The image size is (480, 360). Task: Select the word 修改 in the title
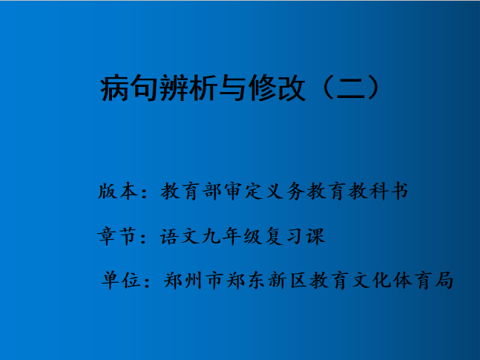[277, 88]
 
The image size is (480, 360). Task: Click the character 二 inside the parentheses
[351, 88]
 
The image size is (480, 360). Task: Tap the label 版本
[118, 192]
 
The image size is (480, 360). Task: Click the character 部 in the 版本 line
[212, 192]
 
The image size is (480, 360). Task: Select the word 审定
[243, 192]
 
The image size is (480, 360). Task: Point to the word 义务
[286, 192]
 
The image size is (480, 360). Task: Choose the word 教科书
[378, 192]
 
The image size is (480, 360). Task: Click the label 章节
[116, 236]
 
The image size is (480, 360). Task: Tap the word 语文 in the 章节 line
[180, 236]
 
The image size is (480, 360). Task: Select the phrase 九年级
[232, 236]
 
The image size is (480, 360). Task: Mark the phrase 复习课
[295, 236]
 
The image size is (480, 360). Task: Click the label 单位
[121, 281]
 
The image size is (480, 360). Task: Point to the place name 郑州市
[194, 281]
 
